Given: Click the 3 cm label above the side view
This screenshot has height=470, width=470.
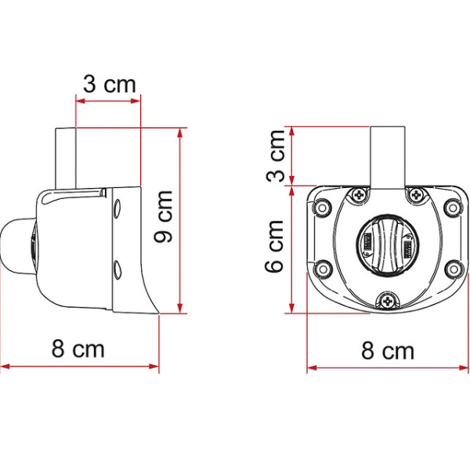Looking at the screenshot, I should [109, 85].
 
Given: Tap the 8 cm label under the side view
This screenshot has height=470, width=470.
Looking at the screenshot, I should [78, 349].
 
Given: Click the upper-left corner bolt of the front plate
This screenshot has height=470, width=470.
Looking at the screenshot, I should [320, 208].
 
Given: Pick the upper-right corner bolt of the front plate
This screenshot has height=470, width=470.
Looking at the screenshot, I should [452, 208].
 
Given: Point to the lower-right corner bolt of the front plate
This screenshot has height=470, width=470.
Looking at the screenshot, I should [452, 269].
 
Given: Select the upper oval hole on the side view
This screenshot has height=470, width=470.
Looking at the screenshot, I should [117, 209].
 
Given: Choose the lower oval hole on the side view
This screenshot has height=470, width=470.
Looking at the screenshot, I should [117, 271].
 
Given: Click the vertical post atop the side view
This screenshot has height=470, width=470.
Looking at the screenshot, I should [76, 157].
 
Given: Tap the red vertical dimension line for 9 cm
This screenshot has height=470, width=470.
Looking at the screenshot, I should [181, 219].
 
